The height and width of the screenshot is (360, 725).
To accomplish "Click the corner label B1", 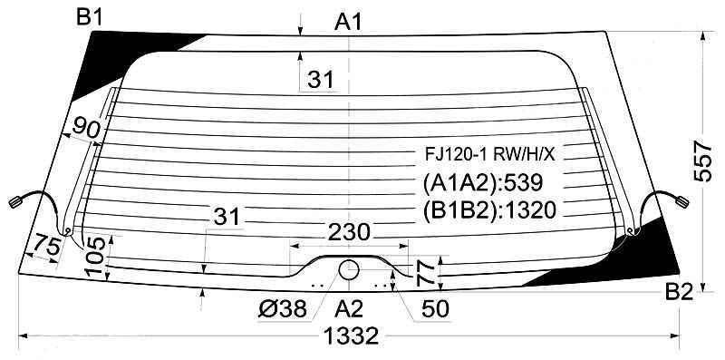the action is [x=90, y=18].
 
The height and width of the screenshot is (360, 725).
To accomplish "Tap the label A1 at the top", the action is [x=348, y=22].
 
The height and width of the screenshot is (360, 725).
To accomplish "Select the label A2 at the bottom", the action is [x=349, y=308].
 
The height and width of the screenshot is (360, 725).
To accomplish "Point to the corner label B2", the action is [x=679, y=292].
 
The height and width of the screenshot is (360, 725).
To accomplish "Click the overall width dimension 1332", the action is [x=350, y=336].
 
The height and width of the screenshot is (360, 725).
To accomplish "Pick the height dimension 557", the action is [x=704, y=161].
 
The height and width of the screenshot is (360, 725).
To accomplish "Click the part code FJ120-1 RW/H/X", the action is [x=489, y=154].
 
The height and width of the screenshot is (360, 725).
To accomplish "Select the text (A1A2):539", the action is [x=482, y=183].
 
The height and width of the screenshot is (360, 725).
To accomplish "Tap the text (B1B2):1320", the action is [x=488, y=210].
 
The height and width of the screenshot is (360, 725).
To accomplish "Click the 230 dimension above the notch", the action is [x=349, y=232].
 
